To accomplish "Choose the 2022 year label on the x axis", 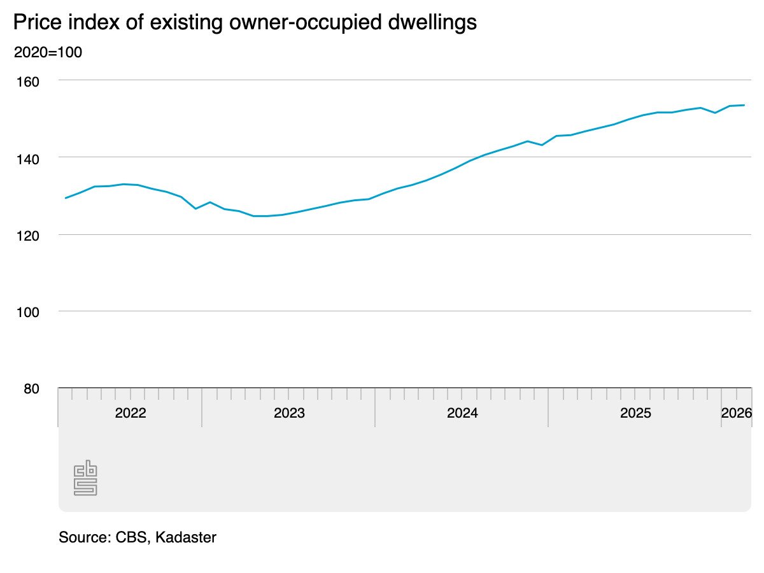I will click(131, 413).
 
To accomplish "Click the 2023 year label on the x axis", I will click(289, 413).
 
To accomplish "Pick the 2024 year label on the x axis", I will click(462, 413).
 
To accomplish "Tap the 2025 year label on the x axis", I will click(635, 413).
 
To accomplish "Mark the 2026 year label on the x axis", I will click(737, 413).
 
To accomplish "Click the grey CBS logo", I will click(85, 478).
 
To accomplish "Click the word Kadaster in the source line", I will click(186, 537).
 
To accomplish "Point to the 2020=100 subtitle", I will click(48, 52).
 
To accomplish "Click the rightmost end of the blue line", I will click(744, 105).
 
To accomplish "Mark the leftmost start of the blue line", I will click(66, 198).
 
